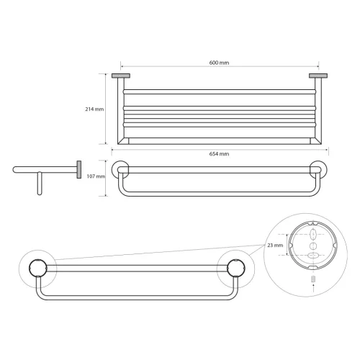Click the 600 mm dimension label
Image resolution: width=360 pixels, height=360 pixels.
219,62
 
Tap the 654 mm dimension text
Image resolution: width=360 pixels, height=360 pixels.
220,154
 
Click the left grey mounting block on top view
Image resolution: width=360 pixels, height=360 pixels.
120,75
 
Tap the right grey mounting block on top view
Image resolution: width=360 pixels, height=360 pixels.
318,75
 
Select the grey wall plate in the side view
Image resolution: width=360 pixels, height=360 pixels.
76,170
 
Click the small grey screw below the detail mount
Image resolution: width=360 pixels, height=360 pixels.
312,277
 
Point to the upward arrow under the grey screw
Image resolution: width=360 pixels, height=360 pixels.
312,286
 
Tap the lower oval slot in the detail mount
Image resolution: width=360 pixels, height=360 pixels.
312,255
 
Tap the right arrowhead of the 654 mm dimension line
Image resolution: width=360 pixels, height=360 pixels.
327,150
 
